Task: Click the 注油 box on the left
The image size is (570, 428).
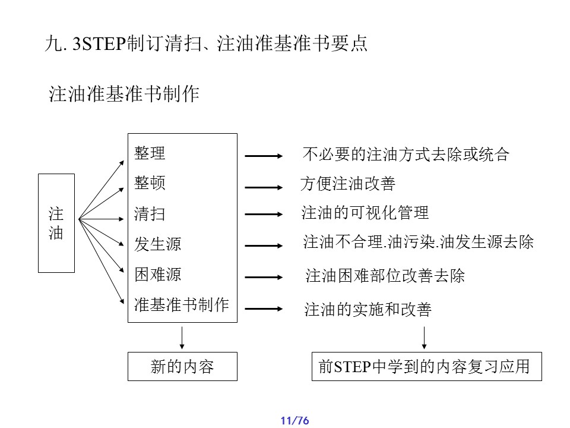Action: pos(56,223)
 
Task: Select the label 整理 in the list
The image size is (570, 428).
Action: pos(150,153)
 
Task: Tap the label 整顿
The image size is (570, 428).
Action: pos(150,182)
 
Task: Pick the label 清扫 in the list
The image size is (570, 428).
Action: pos(150,214)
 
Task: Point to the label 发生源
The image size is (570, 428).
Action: pos(157,244)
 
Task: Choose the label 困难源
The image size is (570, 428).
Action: pos(157,275)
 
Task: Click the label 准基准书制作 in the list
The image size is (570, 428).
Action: pos(181,305)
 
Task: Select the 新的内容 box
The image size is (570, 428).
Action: pos(182,367)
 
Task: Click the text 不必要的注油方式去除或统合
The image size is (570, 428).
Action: pos(406,155)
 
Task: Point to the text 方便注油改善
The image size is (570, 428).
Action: pos(348,184)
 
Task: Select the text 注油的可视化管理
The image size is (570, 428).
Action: pos(365,213)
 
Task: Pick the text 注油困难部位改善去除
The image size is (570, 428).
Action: pos(385,276)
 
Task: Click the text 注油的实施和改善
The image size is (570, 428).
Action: pos(368,310)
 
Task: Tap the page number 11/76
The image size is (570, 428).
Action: pos(295,421)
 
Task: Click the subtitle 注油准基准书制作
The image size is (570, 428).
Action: pos(123,95)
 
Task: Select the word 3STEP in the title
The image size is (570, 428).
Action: pos(96,45)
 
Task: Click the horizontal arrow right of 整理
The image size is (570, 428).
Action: pos(264,156)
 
